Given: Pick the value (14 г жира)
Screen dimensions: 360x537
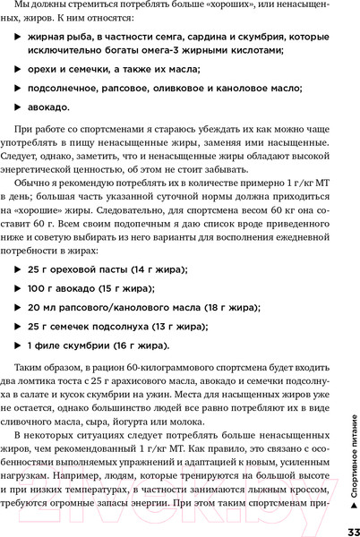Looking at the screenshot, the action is click(145, 269).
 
